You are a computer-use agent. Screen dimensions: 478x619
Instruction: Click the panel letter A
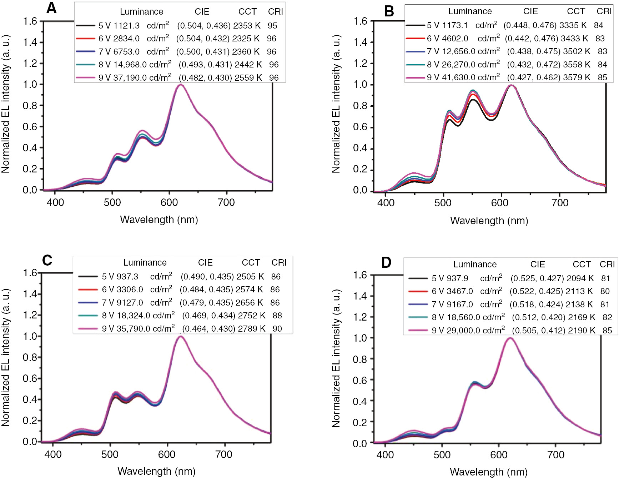[x=51, y=7]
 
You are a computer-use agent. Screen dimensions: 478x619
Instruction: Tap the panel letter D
[x=386, y=263]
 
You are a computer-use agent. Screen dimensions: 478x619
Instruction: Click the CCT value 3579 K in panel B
[x=577, y=77]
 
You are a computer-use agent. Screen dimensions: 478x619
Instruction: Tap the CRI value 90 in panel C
[x=277, y=329]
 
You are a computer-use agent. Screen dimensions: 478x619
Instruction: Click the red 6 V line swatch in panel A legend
[x=86, y=39]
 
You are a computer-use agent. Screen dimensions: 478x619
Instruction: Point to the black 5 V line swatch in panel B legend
[x=415, y=25]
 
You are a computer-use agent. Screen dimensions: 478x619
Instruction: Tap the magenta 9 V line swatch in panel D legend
[x=418, y=331]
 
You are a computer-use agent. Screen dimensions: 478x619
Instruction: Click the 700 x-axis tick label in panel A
[x=226, y=203]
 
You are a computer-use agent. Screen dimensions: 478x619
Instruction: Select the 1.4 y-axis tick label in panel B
[x=360, y=42]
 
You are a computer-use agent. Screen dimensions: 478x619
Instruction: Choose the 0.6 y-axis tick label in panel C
[x=30, y=378]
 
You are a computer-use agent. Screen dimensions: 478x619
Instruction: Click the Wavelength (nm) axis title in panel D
[x=488, y=472]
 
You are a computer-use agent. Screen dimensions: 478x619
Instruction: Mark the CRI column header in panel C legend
[x=279, y=263]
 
